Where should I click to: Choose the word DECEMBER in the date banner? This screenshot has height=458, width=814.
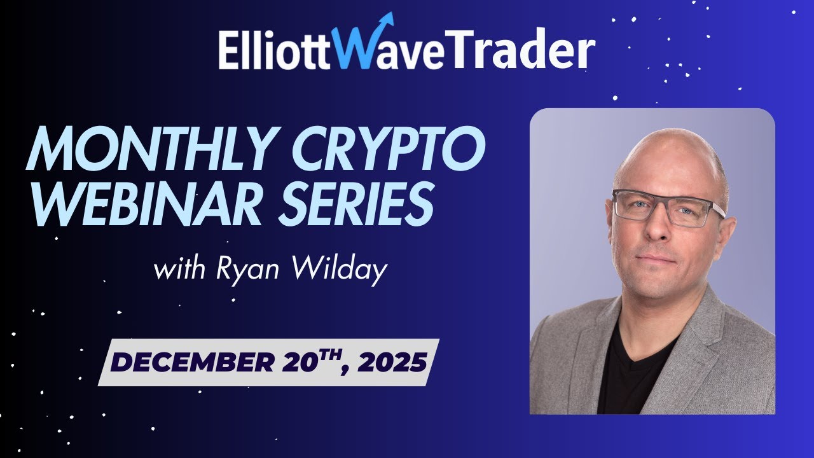[x=191, y=363]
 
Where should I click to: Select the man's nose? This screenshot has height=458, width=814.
[x=661, y=232]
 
